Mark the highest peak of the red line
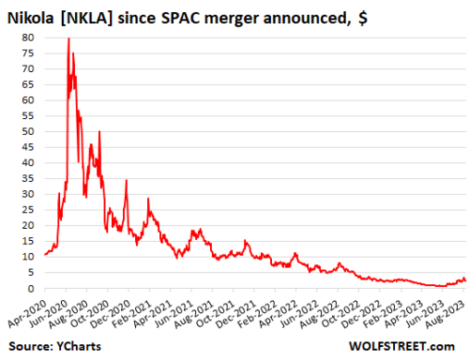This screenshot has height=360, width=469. click(x=68, y=39)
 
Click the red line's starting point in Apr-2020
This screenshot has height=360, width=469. click(x=44, y=254)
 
